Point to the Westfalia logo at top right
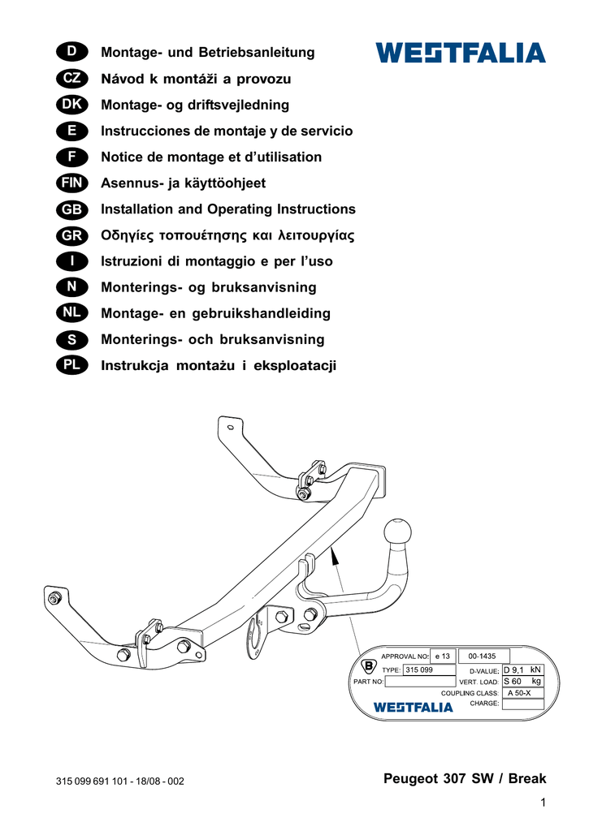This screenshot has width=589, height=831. (461, 54)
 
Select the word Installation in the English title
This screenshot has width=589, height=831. (136, 209)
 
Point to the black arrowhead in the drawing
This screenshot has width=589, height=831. (334, 556)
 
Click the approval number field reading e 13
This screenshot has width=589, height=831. (442, 656)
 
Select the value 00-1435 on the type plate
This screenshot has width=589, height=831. (483, 656)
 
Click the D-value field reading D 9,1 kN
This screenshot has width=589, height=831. (522, 670)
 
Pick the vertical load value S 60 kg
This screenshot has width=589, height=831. (522, 682)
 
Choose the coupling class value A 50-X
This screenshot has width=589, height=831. (519, 693)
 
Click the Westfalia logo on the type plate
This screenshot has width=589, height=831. (413, 707)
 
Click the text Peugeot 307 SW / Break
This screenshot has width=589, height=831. (465, 779)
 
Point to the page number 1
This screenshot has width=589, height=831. (541, 803)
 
